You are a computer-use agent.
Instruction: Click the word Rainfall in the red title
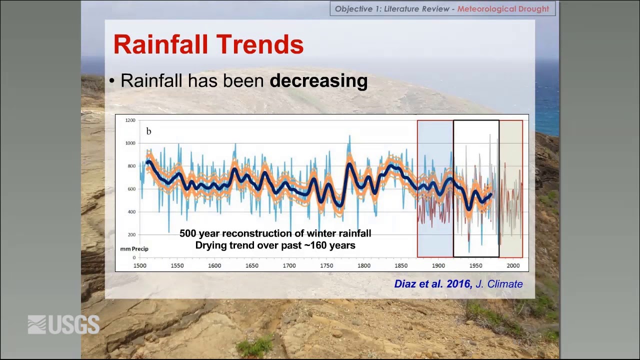point(160,44)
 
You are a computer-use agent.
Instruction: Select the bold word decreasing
point(318,81)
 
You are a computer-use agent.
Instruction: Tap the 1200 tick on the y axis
point(130,120)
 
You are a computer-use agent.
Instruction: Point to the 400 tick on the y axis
point(131,211)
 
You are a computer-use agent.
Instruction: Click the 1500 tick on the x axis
point(140,265)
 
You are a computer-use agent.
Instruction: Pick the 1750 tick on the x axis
point(326,265)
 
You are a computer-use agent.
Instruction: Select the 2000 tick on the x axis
point(513,265)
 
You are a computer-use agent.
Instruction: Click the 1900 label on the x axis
point(438,265)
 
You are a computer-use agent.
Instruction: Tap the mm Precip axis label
point(134,249)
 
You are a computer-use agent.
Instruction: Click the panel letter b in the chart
point(148,131)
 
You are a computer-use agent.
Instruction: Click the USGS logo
point(63,324)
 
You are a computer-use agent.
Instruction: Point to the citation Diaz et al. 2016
point(433,283)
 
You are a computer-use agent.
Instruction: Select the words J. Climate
point(499,283)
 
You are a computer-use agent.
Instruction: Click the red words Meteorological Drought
point(503,9)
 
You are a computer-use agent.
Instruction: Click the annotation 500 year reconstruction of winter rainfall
point(275,233)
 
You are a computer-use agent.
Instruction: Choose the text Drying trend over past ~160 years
point(275,245)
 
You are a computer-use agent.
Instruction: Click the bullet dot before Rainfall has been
point(111,81)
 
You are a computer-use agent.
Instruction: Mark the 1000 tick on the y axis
point(130,143)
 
